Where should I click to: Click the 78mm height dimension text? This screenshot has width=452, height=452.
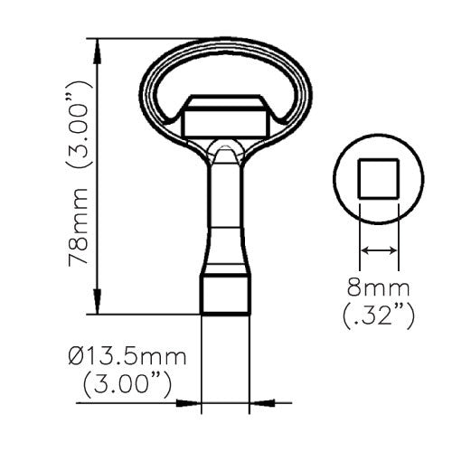pyautogui.click(x=79, y=227)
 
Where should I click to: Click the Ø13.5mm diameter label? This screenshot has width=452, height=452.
pyautogui.click(x=127, y=357)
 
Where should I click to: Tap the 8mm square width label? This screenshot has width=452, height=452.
pyautogui.click(x=379, y=287)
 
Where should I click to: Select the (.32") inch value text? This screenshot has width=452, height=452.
pyautogui.click(x=379, y=316)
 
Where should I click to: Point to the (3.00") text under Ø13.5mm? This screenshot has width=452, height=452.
pyautogui.click(x=127, y=385)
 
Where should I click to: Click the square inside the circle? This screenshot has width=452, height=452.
pyautogui.click(x=379, y=179)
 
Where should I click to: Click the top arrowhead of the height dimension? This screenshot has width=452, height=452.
pyautogui.click(x=97, y=52)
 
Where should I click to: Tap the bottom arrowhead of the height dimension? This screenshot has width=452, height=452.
pyautogui.click(x=97, y=301)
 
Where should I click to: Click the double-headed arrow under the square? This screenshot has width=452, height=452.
pyautogui.click(x=379, y=250)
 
